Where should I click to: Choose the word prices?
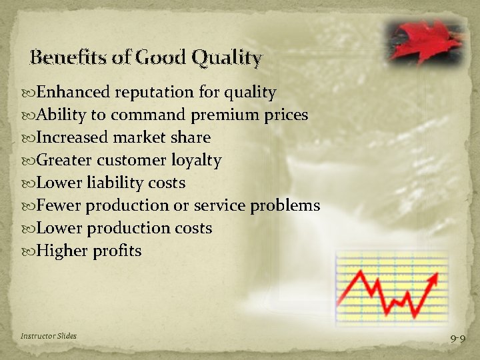tap(285, 115)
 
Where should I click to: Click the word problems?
tap(285, 205)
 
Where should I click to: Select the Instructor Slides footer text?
tap(48, 336)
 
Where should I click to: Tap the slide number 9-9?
tap(457, 339)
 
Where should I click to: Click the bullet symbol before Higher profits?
tap(30, 251)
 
